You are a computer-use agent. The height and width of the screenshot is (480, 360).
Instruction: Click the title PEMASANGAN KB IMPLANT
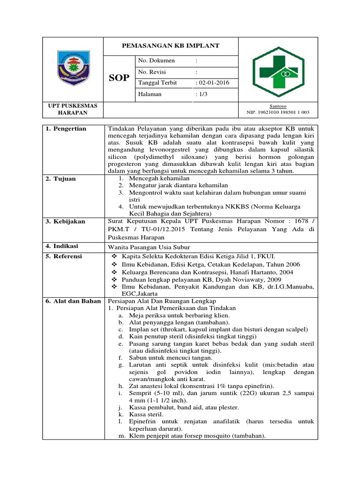click(x=171, y=46)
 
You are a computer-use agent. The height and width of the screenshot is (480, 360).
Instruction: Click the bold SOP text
click(x=119, y=78)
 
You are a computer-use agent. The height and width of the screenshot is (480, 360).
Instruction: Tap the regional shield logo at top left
click(x=73, y=69)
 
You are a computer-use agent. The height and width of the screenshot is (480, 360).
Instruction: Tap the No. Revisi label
click(x=152, y=72)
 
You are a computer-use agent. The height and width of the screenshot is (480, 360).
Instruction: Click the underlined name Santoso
click(x=278, y=106)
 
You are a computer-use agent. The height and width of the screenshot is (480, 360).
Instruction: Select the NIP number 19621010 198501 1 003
click(x=278, y=112)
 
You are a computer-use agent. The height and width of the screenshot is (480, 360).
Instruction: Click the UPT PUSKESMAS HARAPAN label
click(x=73, y=109)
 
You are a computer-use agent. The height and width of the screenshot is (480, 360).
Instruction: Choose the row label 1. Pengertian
click(x=66, y=129)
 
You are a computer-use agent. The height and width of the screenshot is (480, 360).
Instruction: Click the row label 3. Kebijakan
click(x=65, y=221)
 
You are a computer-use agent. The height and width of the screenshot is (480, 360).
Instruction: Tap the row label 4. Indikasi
click(x=62, y=246)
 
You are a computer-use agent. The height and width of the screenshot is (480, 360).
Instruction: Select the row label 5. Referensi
click(x=64, y=256)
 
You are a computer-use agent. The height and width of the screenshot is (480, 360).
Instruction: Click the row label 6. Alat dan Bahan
click(x=73, y=301)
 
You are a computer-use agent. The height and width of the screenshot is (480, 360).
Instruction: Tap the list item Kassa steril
click(x=146, y=415)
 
